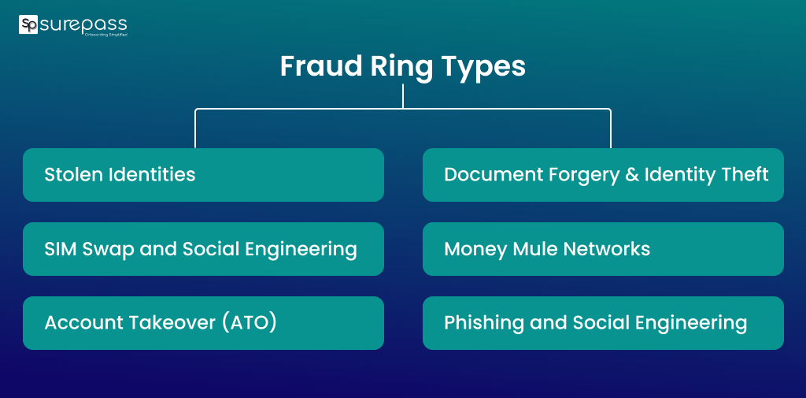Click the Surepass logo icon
coord(28,24)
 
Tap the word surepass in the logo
coord(83,24)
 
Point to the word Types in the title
coord(482,67)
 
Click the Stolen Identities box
coord(203,175)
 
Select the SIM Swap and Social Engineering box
coord(203,249)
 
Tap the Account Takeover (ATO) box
coord(203,323)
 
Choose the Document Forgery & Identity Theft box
coord(603,175)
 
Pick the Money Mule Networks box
coord(603,249)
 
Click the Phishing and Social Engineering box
coord(603,323)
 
